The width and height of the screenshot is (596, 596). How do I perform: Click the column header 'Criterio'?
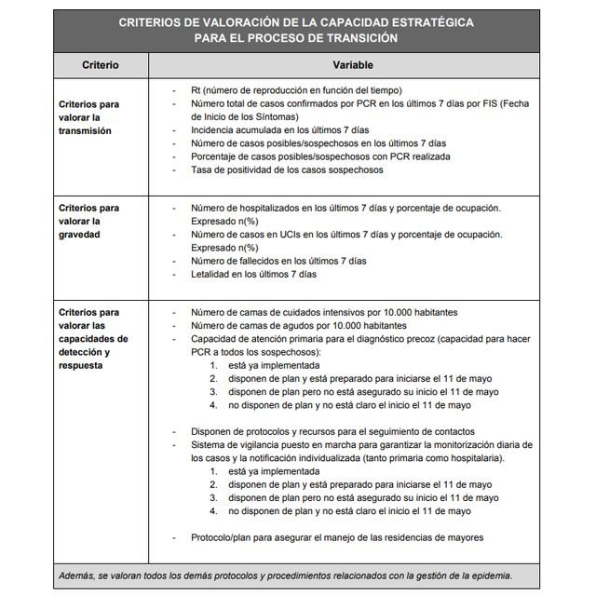click(100, 66)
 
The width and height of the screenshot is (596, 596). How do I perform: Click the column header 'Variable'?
click(353, 66)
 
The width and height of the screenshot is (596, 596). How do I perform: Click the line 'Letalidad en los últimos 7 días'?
click(253, 275)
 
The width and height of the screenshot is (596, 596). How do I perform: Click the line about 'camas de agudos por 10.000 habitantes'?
click(298, 327)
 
